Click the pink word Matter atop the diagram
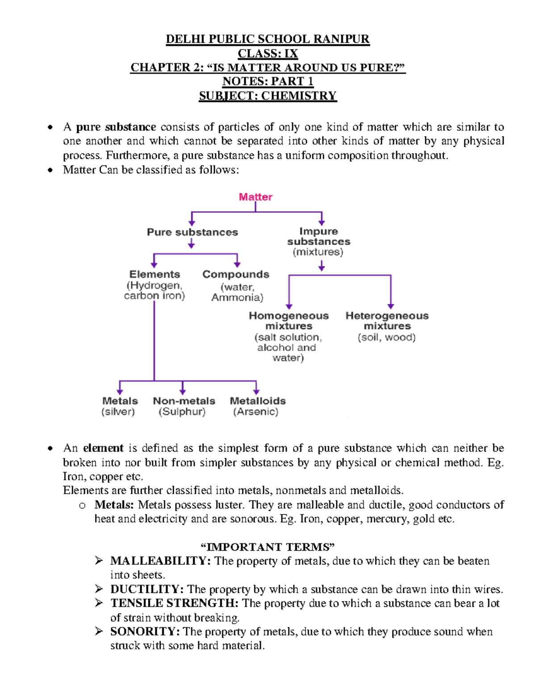pos(255,197)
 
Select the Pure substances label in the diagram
pos(192,232)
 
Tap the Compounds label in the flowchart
pos(236,274)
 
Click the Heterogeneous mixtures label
pos(387,320)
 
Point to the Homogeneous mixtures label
pos(289,320)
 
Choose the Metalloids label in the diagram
pos(257,401)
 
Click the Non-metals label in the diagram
pos(184,401)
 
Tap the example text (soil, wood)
pos(386,337)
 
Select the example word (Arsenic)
pos(255,412)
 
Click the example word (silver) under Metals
pos(118,412)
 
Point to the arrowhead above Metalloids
pos(256,391)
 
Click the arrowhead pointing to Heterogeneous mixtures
pos(391,306)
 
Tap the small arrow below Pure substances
pos(191,244)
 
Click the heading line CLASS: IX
pos(268,54)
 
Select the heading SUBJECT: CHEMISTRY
pos(268,96)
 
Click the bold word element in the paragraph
pos(103,448)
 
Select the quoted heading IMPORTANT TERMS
pos(268,547)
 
